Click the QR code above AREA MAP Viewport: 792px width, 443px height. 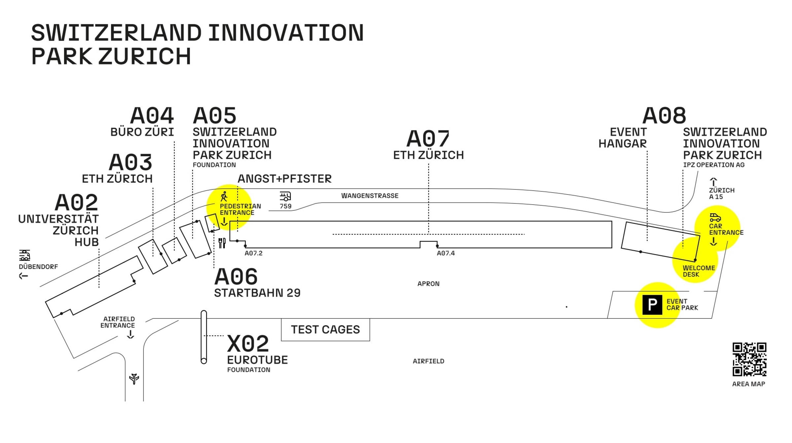749,359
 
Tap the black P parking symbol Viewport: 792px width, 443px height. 652,305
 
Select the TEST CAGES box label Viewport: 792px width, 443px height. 325,329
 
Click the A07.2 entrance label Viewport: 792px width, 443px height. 253,253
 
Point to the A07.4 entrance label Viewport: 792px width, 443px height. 445,253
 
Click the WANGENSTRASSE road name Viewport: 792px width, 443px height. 370,196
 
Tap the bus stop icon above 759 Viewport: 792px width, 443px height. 285,197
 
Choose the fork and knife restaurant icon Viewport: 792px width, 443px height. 222,243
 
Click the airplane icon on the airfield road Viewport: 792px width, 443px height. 134,378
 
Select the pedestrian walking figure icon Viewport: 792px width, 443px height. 224,197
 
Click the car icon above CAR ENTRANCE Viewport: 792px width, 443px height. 715,217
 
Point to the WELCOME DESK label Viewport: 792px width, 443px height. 699,271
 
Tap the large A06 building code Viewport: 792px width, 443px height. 236,277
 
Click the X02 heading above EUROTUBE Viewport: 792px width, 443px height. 248,344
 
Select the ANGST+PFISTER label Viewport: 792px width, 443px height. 284,179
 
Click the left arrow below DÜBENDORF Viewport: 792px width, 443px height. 23,276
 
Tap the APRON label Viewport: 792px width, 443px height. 428,284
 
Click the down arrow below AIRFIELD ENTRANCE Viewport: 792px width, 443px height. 131,334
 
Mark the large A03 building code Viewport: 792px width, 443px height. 131,163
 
